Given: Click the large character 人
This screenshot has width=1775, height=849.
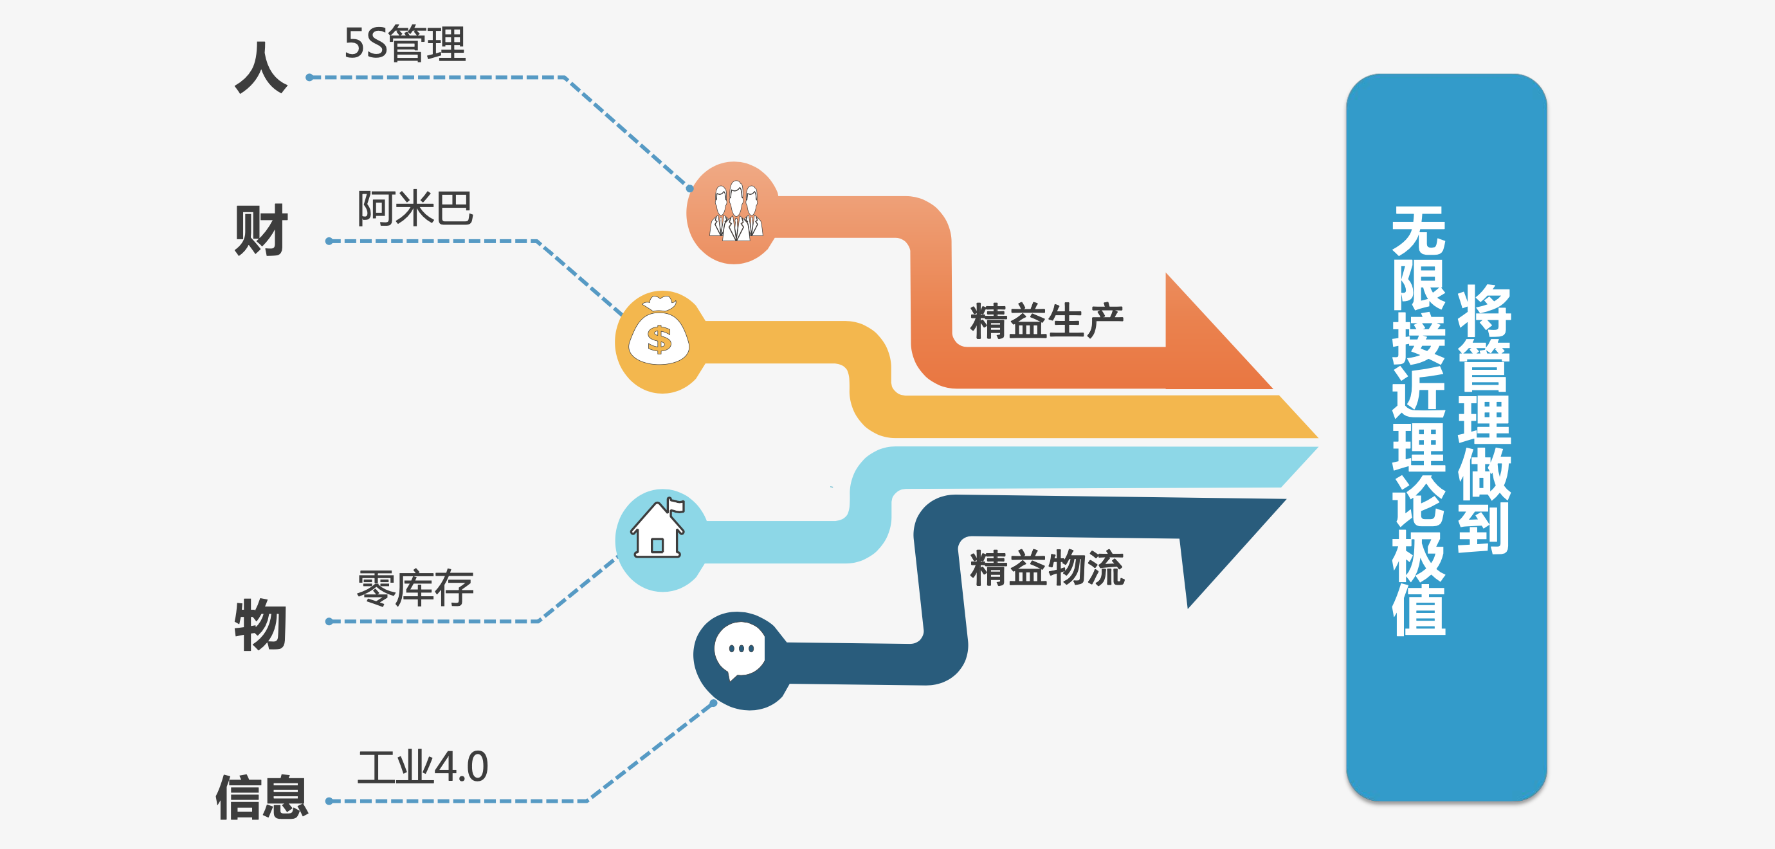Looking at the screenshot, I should coord(260,68).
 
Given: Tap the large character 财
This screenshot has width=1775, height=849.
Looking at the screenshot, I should coord(260,230).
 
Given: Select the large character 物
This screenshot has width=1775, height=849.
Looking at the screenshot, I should coord(260,625).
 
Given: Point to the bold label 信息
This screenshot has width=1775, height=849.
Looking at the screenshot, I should coord(262,798).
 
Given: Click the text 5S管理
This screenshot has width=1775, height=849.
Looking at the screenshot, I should coord(405,44).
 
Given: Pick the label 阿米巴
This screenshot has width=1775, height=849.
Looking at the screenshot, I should coord(415,208).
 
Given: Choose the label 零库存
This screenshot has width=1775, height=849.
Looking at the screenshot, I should coord(415,589).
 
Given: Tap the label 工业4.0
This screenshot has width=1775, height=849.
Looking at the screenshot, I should coord(423,766).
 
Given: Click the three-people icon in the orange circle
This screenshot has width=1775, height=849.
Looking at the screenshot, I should coord(736,212).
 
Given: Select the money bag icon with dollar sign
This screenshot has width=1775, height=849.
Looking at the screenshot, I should coord(659,338).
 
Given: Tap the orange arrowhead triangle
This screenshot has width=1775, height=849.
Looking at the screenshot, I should coord(1206,345).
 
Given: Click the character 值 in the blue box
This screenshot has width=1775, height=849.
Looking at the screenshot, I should coord(1419,610).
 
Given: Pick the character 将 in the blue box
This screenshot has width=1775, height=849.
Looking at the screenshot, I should coord(1484,310).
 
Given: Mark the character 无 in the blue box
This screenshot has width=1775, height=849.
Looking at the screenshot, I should coord(1419,231).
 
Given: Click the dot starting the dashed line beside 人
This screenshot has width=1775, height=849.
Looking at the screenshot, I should coord(310,77).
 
